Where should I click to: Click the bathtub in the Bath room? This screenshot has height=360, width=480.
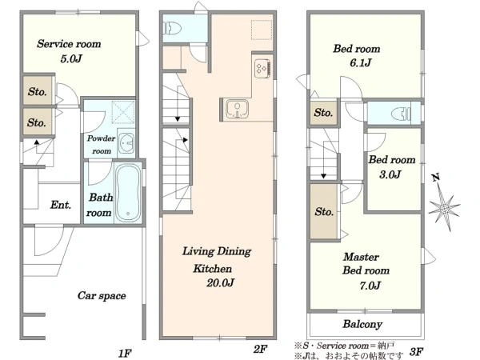[x=128, y=193]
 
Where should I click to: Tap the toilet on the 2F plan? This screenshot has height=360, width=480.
[x=173, y=29]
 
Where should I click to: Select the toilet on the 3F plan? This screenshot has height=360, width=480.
[x=401, y=114]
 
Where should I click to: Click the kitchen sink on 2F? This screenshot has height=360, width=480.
[x=238, y=110]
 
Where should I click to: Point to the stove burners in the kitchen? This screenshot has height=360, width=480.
[x=262, y=68]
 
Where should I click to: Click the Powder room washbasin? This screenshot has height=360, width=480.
[x=126, y=143]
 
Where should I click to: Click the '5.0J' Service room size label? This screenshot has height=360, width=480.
[x=71, y=58]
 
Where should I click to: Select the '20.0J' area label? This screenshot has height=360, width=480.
[x=221, y=282]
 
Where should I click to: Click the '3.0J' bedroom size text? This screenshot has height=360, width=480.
[x=390, y=174]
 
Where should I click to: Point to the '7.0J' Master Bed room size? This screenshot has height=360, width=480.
[x=370, y=286]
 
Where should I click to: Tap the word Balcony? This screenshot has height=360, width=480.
[x=362, y=324]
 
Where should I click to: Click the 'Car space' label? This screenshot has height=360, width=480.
[x=102, y=296]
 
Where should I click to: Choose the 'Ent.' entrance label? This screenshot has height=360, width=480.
[x=61, y=205]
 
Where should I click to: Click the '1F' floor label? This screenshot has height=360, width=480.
[x=125, y=354]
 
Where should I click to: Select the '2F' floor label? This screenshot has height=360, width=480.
[x=260, y=349]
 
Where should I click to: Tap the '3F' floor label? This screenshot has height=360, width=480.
[x=417, y=351]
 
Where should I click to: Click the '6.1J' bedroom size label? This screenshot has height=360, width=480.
[x=361, y=63]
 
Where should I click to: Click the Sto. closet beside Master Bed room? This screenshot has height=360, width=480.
[x=324, y=211]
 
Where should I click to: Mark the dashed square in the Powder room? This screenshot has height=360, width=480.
[x=123, y=112]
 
